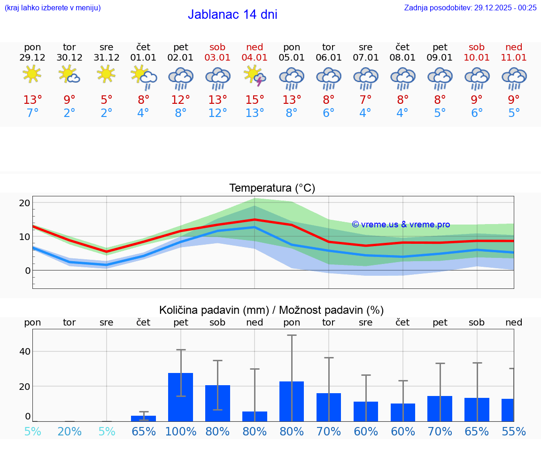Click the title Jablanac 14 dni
tap(232, 15)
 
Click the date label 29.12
tap(32, 58)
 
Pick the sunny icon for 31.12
tap(106, 74)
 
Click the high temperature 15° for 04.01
tap(255, 100)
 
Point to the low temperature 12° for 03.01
tap(217, 113)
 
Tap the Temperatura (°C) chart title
tap(272, 188)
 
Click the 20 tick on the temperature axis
tap(24, 203)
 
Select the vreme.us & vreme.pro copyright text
tap(401, 225)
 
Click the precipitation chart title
tap(271, 310)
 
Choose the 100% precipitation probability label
tap(181, 432)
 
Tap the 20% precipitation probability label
tap(70, 432)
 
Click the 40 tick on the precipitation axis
tap(24, 351)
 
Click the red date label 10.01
tap(477, 58)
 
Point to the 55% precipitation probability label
tap(514, 432)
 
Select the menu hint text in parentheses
tap(53, 8)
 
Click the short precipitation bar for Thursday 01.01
tap(143, 419)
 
